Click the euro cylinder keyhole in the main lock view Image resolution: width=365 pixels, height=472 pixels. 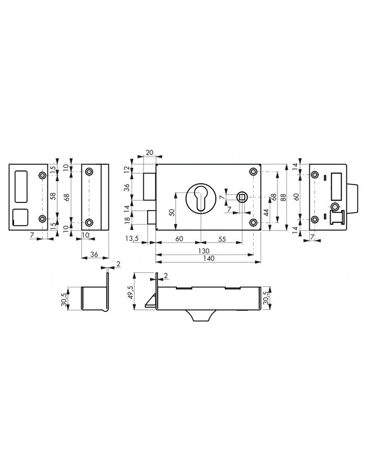[x=200, y=198]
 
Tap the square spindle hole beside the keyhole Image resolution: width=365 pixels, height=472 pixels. [x=242, y=197]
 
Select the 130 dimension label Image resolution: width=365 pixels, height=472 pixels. [x=204, y=251]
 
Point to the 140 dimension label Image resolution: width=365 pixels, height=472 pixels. [x=209, y=259]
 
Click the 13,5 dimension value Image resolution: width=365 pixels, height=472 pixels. [x=132, y=239]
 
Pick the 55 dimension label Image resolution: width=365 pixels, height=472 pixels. [x=222, y=239]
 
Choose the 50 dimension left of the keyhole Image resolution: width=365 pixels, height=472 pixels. [x=172, y=212]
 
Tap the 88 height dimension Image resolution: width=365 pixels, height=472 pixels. [x=283, y=198]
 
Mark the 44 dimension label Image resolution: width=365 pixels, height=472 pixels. [x=266, y=212]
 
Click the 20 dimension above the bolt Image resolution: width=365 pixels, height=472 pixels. [x=149, y=153]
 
